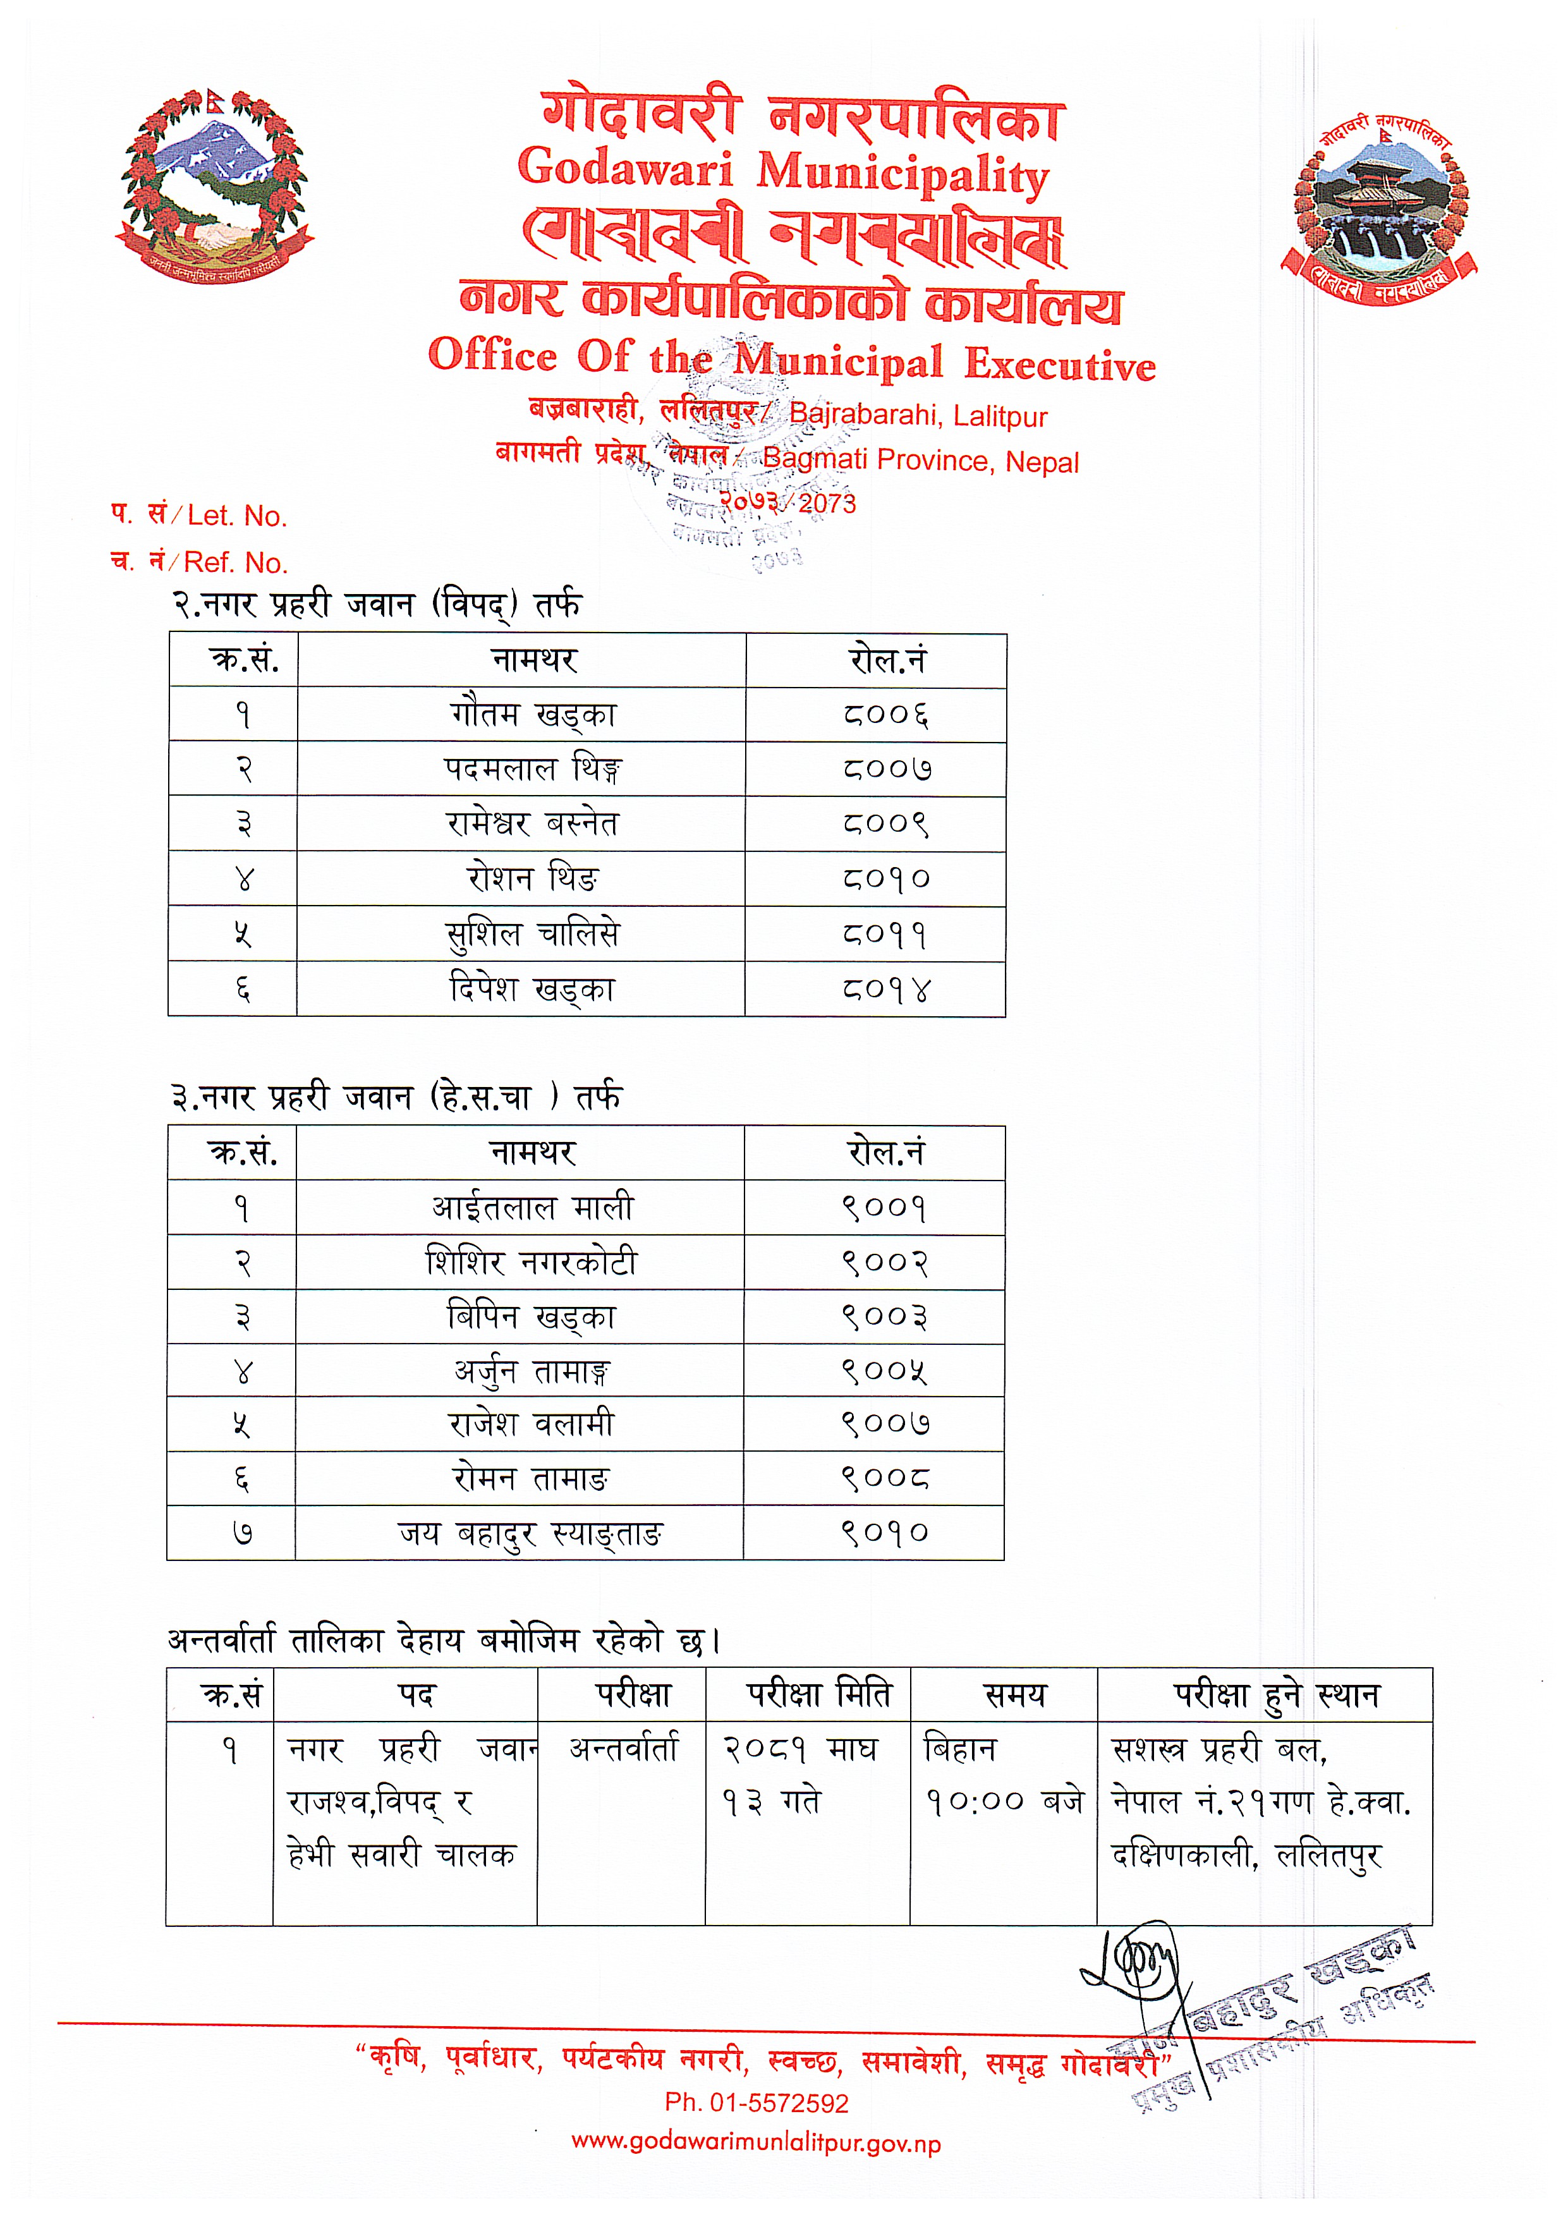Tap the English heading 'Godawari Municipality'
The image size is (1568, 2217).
coord(783,171)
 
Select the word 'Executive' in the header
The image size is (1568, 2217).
coord(1059,364)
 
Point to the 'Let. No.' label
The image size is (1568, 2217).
coord(236,516)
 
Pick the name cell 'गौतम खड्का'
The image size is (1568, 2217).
coord(533,715)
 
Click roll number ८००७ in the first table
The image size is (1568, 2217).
coord(885,770)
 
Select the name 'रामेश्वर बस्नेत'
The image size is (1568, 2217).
coord(532,823)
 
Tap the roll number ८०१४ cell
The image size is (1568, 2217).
coord(885,990)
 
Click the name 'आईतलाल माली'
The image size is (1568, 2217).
coord(532,1208)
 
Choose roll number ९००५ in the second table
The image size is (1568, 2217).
coord(884,1371)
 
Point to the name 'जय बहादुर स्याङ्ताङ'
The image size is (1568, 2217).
coord(530,1533)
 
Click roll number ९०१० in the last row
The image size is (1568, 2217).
coord(884,1533)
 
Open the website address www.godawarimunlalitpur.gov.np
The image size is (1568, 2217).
coord(756,2144)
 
